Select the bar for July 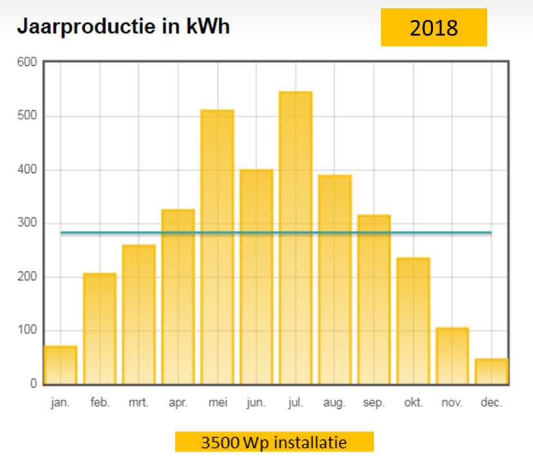point(295,238)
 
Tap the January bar point(61,365)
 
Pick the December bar point(492,371)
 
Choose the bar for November point(452,356)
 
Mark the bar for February point(100,329)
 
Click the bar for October point(413,321)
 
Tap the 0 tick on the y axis point(33,384)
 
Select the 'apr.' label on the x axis point(178,403)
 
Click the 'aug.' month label point(334,403)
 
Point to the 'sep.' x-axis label point(374,403)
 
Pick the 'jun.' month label point(256,403)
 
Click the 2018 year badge point(434,28)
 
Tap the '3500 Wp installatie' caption point(274,443)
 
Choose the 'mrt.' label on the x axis point(139,403)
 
